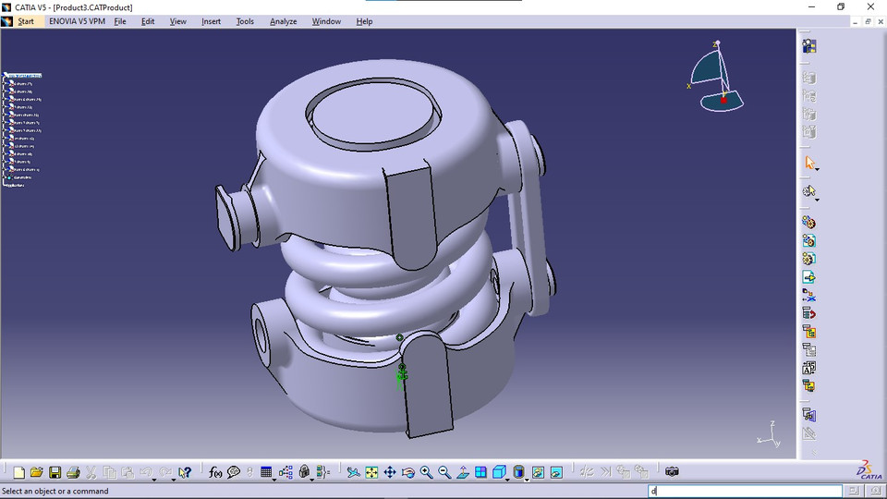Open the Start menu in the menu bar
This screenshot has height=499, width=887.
(25, 21)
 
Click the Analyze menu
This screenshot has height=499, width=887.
(283, 21)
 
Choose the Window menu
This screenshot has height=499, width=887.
(325, 21)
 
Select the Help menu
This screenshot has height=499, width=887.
(364, 21)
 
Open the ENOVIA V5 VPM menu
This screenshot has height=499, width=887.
(76, 21)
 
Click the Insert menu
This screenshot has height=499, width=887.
(211, 21)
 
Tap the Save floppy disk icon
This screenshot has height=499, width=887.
(55, 472)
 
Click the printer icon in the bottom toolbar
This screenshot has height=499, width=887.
(73, 472)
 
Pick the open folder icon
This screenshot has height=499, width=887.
(36, 472)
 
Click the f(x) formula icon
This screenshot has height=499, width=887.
(215, 472)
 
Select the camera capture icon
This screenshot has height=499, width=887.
(672, 472)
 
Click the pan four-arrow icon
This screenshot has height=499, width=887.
(389, 472)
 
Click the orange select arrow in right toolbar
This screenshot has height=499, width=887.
(809, 164)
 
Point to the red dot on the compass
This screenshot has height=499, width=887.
(723, 98)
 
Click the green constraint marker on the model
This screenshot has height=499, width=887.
(401, 376)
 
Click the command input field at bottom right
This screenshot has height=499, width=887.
(745, 492)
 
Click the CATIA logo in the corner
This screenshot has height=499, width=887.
(868, 470)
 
